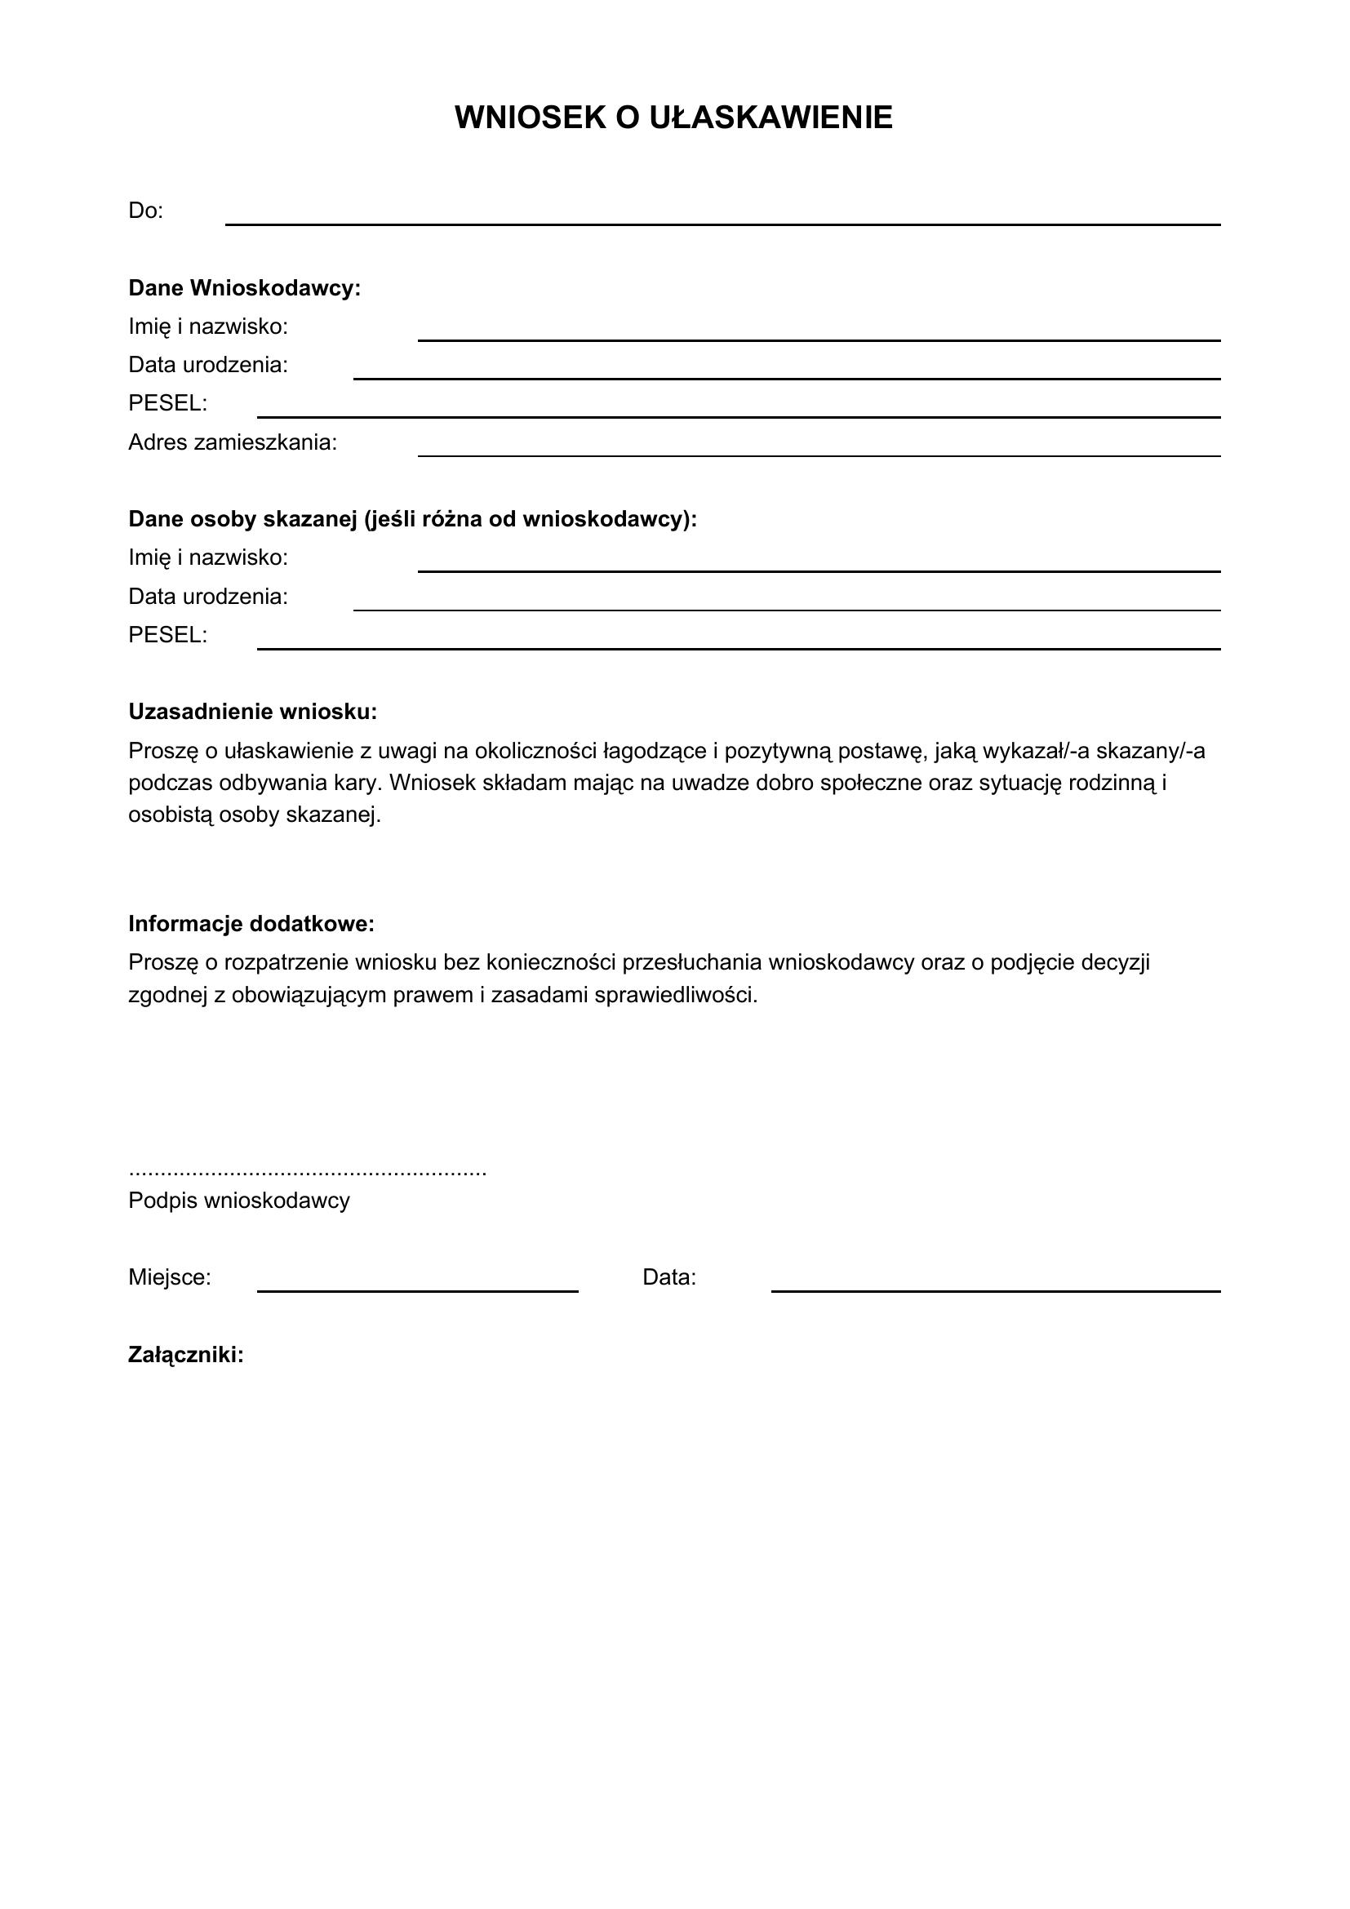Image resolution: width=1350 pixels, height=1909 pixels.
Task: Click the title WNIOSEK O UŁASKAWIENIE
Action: [673, 118]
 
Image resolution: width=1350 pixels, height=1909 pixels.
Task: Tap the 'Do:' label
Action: [145, 211]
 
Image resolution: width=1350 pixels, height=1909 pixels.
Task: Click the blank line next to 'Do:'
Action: [722, 223]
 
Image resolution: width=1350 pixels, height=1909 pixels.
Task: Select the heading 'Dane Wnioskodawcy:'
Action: [244, 288]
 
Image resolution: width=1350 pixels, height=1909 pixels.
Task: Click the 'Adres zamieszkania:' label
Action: [233, 442]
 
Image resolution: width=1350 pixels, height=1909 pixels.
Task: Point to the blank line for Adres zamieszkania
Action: [819, 455]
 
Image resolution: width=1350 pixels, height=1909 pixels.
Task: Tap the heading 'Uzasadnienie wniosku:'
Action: [253, 712]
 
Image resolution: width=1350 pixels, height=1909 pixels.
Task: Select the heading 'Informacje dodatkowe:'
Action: [251, 924]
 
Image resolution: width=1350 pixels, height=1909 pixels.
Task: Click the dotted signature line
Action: [308, 1173]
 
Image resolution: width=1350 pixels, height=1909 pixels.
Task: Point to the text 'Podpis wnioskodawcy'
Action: [238, 1201]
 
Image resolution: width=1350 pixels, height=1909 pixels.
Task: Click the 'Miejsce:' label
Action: [170, 1277]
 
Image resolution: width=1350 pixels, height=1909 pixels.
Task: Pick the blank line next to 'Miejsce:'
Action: [417, 1290]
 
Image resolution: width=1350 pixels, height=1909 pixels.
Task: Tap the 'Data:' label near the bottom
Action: [669, 1277]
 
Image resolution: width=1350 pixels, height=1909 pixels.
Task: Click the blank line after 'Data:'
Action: [996, 1290]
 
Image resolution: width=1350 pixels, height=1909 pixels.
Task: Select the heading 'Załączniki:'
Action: [186, 1356]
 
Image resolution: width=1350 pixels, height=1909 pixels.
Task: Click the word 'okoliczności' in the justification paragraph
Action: [535, 751]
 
